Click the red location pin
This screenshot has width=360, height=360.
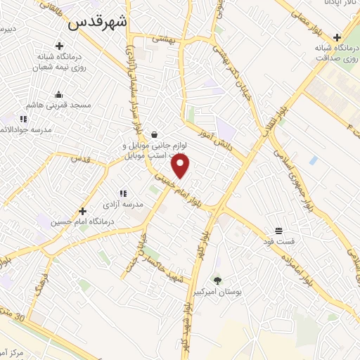(x=181, y=166)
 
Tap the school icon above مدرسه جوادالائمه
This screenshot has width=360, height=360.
(x=23, y=120)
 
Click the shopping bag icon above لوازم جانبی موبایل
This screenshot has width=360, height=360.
(x=154, y=134)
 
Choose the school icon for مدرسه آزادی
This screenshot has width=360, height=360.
(x=123, y=193)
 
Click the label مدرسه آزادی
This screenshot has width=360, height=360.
(x=124, y=204)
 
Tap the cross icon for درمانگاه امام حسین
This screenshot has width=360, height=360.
(x=82, y=210)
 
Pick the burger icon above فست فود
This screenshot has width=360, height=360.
(x=279, y=231)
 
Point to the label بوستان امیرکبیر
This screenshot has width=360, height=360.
(x=217, y=291)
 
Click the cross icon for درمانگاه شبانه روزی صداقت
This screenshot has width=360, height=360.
(x=338, y=37)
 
